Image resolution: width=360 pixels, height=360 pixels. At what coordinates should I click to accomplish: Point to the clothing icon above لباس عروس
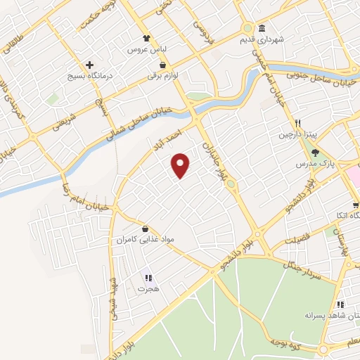[146, 38]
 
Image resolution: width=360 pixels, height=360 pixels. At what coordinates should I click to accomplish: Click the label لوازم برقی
[163, 75]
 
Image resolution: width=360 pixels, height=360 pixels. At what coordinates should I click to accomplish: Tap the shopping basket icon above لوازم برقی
[163, 64]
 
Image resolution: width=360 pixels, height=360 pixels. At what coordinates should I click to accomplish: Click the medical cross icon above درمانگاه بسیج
[89, 64]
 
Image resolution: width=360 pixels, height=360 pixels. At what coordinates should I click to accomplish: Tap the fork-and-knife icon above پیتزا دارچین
[298, 122]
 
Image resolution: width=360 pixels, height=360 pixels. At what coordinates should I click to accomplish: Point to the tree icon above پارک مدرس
[315, 152]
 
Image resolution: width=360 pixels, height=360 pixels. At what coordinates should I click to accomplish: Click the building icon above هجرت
[147, 277]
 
